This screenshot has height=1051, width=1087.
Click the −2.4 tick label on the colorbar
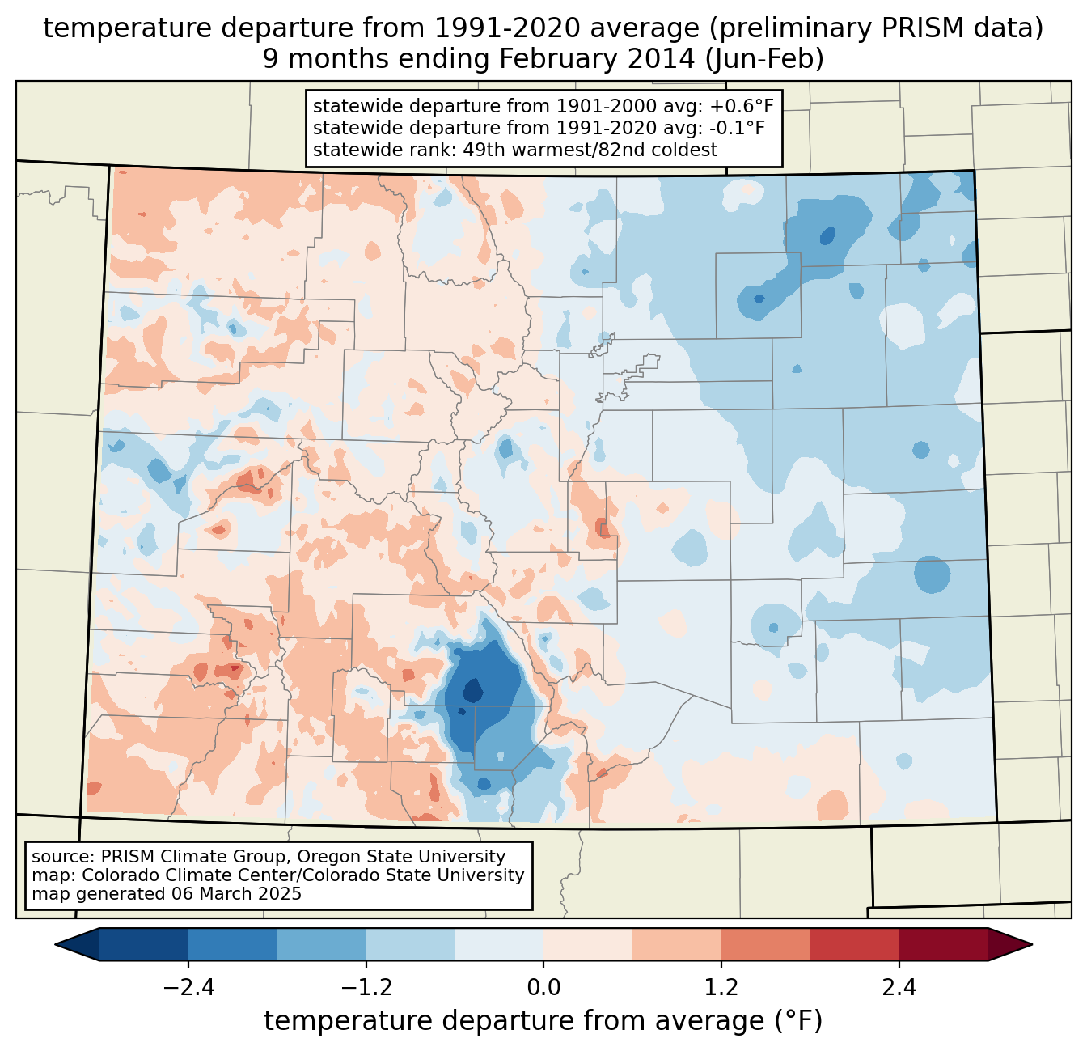(x=188, y=988)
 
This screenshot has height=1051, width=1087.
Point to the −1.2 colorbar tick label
(x=366, y=988)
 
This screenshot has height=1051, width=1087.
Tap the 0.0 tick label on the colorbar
(x=543, y=988)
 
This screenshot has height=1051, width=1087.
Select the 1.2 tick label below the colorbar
(x=721, y=988)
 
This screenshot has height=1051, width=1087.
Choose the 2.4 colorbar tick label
(x=899, y=988)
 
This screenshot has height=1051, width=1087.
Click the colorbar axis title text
(x=543, y=1021)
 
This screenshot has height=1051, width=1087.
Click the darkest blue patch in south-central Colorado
(x=472, y=692)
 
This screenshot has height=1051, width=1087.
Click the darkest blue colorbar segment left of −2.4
(x=144, y=944)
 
